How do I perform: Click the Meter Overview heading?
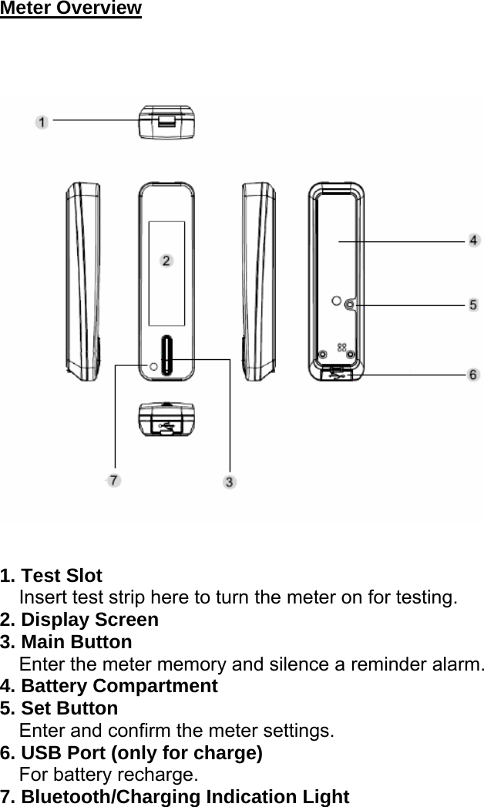[71, 8]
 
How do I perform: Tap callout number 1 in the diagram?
[42, 122]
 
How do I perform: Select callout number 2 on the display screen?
[166, 261]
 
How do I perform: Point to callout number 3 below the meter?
[230, 482]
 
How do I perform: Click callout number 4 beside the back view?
[473, 241]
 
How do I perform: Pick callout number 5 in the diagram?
[473, 305]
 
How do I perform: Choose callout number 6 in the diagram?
[473, 374]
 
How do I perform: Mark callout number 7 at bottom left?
[114, 480]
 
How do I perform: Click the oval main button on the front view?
[167, 356]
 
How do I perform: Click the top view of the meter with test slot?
[166, 122]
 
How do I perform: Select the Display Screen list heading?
[89, 620]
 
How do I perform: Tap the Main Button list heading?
[76, 642]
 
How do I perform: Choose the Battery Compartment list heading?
[119, 686]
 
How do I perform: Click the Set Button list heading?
[69, 708]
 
